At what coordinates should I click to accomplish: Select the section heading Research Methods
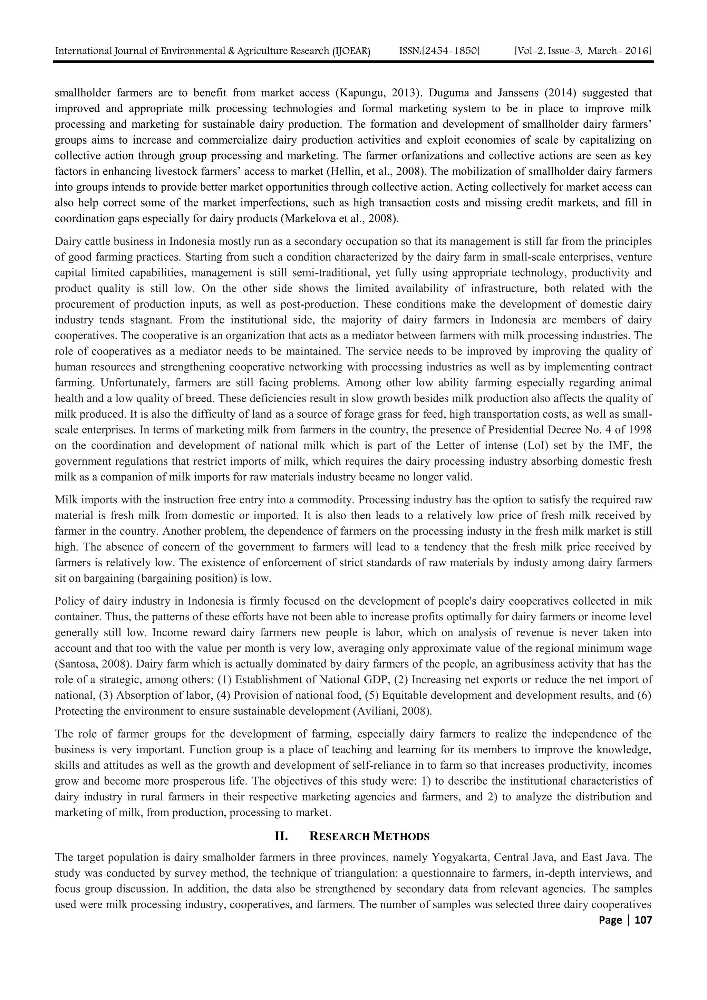[x=369, y=836]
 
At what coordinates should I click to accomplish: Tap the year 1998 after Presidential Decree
[x=639, y=430]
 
